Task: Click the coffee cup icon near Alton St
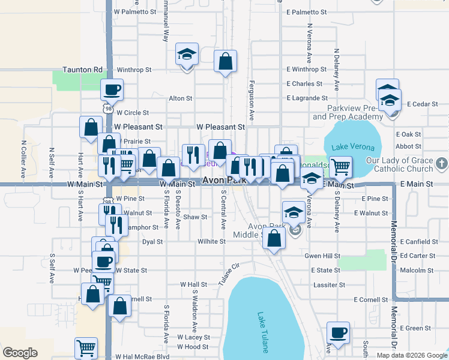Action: pyautogui.click(x=112, y=90)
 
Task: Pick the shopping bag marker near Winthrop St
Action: pyautogui.click(x=225, y=61)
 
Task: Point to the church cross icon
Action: pyautogui.click(x=441, y=163)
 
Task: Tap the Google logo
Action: pyautogui.click(x=20, y=353)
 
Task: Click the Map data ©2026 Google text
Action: pyautogui.click(x=411, y=355)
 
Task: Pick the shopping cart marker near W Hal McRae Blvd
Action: pyautogui.click(x=86, y=349)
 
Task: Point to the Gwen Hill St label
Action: pyautogui.click(x=323, y=256)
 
